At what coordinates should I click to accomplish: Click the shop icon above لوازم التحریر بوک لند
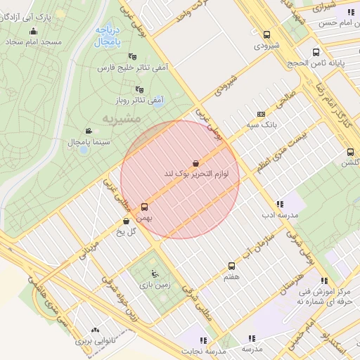point(195,163)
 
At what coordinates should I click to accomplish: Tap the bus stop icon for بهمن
point(145,207)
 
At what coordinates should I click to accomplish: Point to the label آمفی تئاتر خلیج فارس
point(133,68)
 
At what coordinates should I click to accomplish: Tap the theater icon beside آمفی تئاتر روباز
point(139,89)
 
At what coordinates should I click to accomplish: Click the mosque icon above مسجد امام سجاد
point(33,31)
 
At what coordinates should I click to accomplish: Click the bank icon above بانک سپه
point(262,114)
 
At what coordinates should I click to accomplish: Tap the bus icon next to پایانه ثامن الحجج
point(316,52)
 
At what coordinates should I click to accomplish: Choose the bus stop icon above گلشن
point(350,152)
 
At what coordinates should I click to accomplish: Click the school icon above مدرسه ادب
point(280,204)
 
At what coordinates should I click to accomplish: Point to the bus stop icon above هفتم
point(231,266)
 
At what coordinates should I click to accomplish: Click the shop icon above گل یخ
point(126,221)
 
